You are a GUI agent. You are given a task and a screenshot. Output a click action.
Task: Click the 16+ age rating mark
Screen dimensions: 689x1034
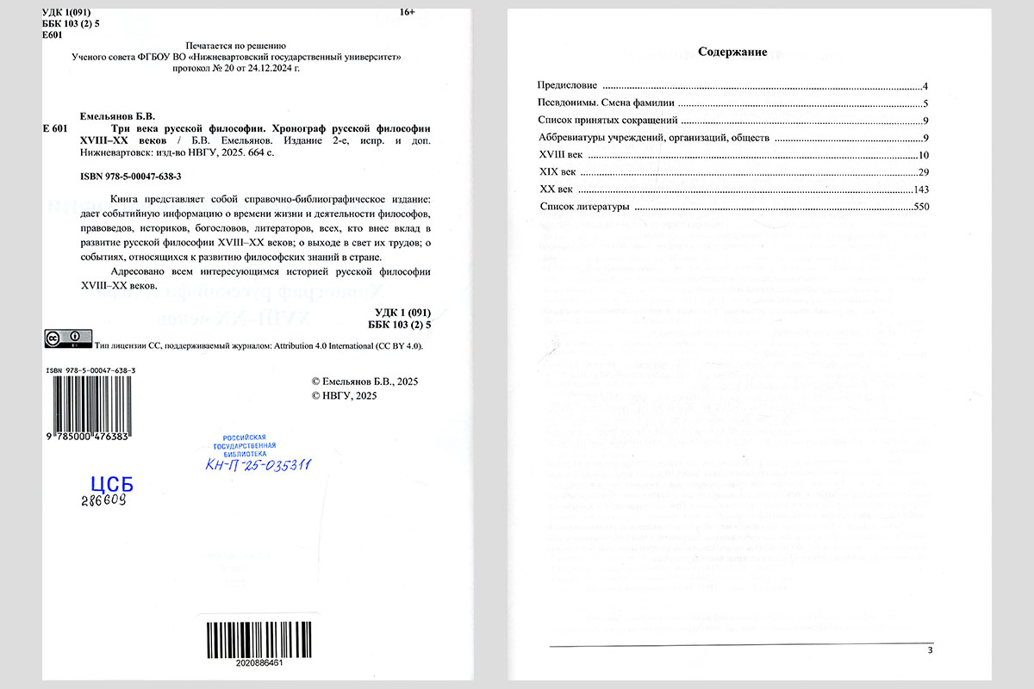point(408,11)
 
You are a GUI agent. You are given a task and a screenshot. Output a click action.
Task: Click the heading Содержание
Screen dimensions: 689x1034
point(732,52)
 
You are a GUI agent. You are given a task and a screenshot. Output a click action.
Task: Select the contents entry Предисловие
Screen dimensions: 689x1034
point(568,86)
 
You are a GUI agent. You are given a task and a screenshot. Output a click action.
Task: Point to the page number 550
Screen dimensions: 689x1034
point(918,207)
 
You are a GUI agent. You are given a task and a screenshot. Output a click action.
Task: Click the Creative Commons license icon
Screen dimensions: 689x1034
point(68,338)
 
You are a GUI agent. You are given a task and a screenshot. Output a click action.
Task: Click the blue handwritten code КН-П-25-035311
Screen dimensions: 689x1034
point(258,465)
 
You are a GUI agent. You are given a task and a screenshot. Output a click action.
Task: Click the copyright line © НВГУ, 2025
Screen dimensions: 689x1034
point(344,396)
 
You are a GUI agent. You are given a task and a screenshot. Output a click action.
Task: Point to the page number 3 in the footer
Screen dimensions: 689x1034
point(930,650)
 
